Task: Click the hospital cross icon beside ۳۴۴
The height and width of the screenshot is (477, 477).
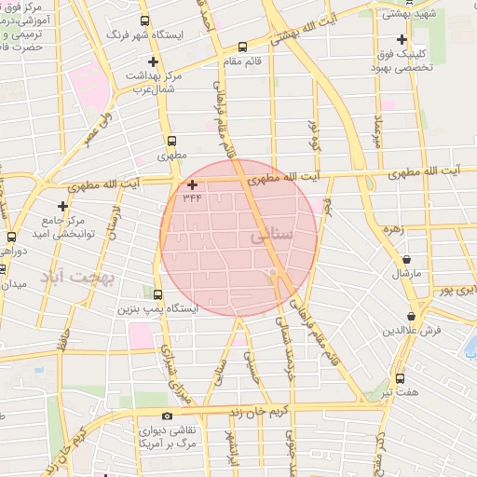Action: click(x=192, y=184)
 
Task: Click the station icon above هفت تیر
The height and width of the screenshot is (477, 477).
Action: click(x=400, y=378)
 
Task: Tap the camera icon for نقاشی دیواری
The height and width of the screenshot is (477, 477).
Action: click(x=167, y=416)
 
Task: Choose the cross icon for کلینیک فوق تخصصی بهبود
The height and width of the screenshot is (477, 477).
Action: click(x=401, y=40)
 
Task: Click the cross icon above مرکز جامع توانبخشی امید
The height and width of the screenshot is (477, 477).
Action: click(x=62, y=205)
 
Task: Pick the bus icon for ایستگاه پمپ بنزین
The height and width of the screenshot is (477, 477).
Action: click(x=157, y=293)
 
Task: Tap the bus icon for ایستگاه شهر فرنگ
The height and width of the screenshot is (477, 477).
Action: click(x=144, y=20)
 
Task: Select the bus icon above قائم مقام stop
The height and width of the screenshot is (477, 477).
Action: click(x=243, y=46)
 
